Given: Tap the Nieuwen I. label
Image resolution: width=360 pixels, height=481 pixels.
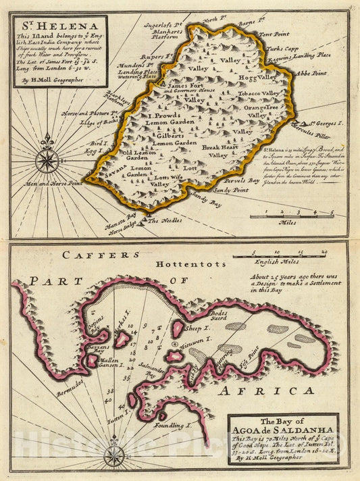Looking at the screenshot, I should tap(201, 342).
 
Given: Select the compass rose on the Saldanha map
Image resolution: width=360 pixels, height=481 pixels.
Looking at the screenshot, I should tap(114, 457).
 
